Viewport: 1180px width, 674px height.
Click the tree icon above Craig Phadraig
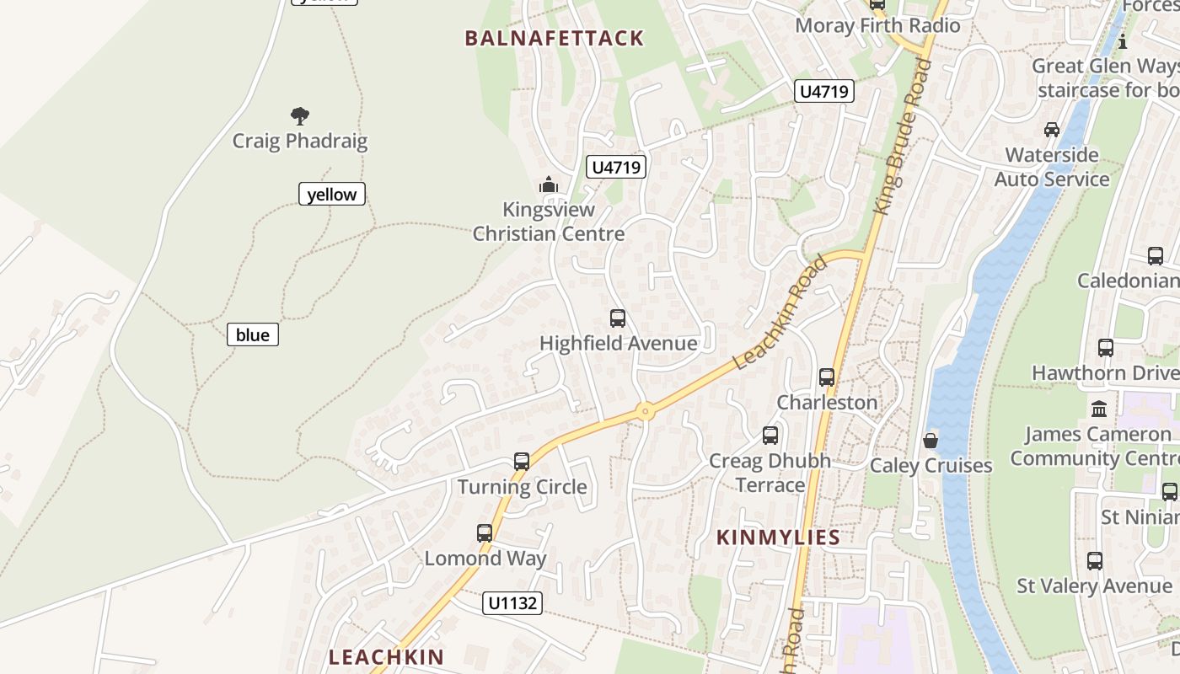299,115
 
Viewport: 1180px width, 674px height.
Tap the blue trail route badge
252,334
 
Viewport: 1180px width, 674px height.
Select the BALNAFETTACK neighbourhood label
555,38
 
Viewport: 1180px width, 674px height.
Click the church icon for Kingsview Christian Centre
549,185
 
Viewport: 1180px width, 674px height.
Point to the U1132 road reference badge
512,603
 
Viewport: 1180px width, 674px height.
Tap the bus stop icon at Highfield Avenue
618,318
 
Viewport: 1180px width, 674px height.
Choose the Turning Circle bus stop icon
522,462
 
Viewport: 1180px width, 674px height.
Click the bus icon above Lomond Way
485,533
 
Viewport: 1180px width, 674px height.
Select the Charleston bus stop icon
827,377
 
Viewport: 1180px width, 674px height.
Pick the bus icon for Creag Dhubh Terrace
770,436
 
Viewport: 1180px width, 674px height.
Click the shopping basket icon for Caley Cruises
931,441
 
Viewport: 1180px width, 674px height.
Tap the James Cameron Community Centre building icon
1099,409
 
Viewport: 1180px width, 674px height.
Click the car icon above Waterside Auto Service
1052,130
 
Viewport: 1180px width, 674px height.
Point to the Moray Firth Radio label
877,25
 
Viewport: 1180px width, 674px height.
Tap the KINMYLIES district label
778,538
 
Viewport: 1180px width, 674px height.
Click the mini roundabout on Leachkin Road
646,412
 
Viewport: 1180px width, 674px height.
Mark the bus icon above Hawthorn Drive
1106,347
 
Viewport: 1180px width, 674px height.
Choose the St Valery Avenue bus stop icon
1095,561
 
